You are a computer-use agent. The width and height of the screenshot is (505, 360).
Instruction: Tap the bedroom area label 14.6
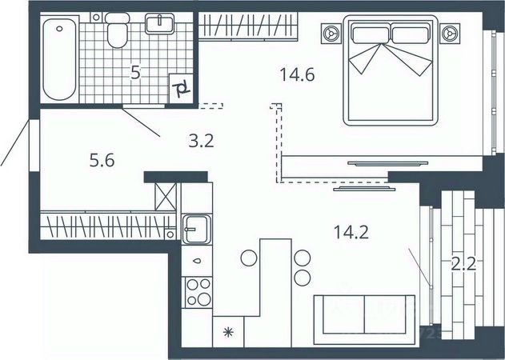click(x=297, y=76)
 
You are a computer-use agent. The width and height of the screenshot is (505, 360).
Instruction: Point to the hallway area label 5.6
click(x=102, y=161)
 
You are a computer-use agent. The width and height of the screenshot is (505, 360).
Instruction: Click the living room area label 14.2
click(x=351, y=233)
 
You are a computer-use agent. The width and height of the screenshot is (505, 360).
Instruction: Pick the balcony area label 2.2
click(x=464, y=264)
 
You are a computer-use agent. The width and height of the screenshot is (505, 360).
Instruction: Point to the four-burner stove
click(x=197, y=292)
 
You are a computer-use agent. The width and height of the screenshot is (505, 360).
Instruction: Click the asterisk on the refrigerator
click(x=228, y=330)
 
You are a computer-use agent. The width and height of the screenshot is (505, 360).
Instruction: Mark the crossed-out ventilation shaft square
click(x=166, y=197)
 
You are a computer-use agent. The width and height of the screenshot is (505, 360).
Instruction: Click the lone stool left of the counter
click(x=248, y=258)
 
